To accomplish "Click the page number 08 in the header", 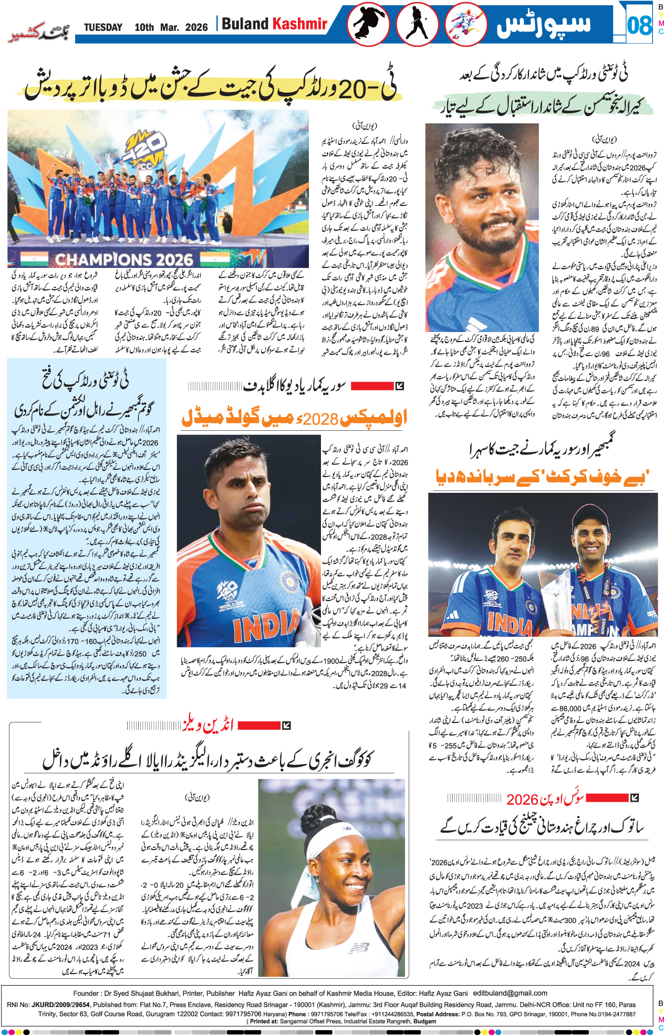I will [x=639, y=25].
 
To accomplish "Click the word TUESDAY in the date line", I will [x=103, y=27].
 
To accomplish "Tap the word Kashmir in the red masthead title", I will [x=300, y=24].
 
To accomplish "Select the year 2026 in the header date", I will [x=196, y=27].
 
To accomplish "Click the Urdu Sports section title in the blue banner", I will [x=544, y=25].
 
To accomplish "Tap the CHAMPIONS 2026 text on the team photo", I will [x=124, y=260].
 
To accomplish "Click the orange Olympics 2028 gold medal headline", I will [x=294, y=418].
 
